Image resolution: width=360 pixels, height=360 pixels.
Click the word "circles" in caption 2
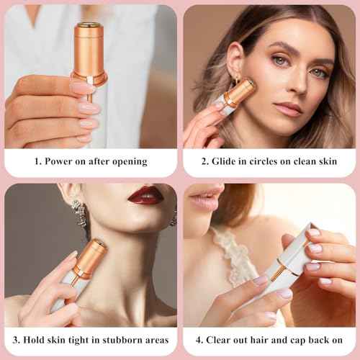tap(271, 161)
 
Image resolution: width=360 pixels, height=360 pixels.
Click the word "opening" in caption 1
tap(128, 161)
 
